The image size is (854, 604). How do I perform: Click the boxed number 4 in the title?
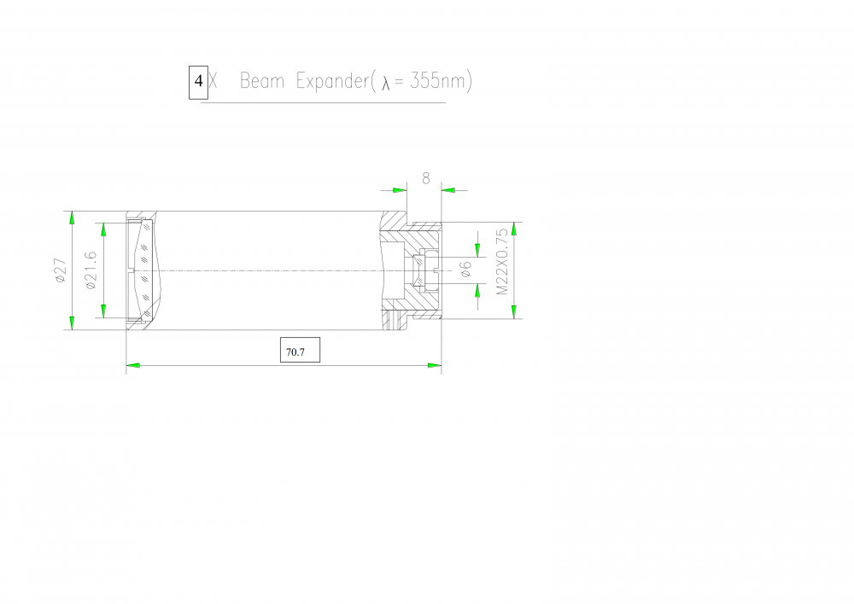pos(198,81)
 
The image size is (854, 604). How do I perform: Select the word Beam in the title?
pos(262,81)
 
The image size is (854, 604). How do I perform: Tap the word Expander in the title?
pos(333,82)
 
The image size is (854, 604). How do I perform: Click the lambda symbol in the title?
pos(386,83)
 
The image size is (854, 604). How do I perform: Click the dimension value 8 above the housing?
pos(426,178)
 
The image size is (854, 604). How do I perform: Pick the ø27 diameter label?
pos(60,270)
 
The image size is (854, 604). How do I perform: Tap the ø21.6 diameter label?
pos(91,270)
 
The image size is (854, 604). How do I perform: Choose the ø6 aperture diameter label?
pos(465,270)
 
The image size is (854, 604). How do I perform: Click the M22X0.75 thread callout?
pos(502,262)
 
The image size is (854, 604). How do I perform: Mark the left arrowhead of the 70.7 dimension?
pos(133,365)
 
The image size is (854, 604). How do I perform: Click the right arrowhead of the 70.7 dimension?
pos(434,365)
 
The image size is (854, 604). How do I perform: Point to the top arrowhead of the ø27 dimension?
pos(72,218)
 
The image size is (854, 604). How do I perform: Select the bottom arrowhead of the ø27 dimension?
pos(72,322)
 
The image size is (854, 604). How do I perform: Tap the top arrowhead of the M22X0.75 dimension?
pos(513,229)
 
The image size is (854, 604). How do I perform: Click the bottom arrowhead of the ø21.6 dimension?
pos(103,311)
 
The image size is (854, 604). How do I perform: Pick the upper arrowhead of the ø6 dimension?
pos(477,250)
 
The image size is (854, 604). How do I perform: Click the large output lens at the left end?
pos(144,270)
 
